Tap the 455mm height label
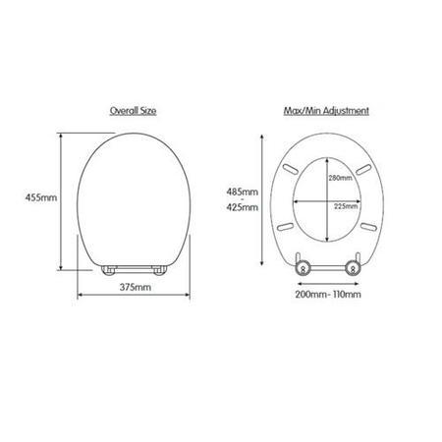(41, 197)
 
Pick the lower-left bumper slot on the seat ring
(284, 225)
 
